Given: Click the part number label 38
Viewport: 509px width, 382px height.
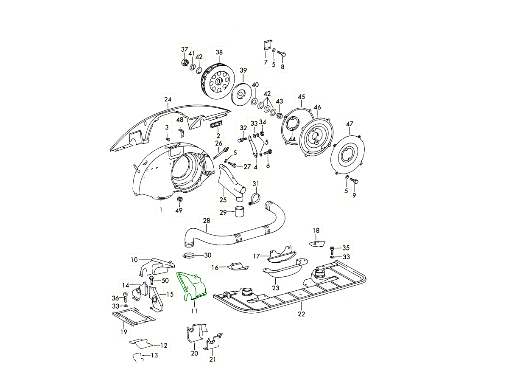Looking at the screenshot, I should pyautogui.click(x=219, y=53).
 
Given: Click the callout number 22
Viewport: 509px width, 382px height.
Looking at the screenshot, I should pyautogui.click(x=301, y=314).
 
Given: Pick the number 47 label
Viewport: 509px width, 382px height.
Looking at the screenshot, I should pyautogui.click(x=349, y=124).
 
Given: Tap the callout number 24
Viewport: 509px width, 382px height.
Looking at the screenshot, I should pyautogui.click(x=168, y=100).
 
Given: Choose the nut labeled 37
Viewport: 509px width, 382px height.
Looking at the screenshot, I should pyautogui.click(x=184, y=64).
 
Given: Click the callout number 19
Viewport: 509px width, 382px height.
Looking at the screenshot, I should pyautogui.click(x=123, y=332).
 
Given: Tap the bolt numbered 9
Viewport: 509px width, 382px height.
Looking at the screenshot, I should pyautogui.click(x=355, y=181).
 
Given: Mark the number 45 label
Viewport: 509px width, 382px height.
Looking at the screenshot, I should pyautogui.click(x=302, y=97).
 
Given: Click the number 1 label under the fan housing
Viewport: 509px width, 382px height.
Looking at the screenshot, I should pyautogui.click(x=161, y=210).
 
